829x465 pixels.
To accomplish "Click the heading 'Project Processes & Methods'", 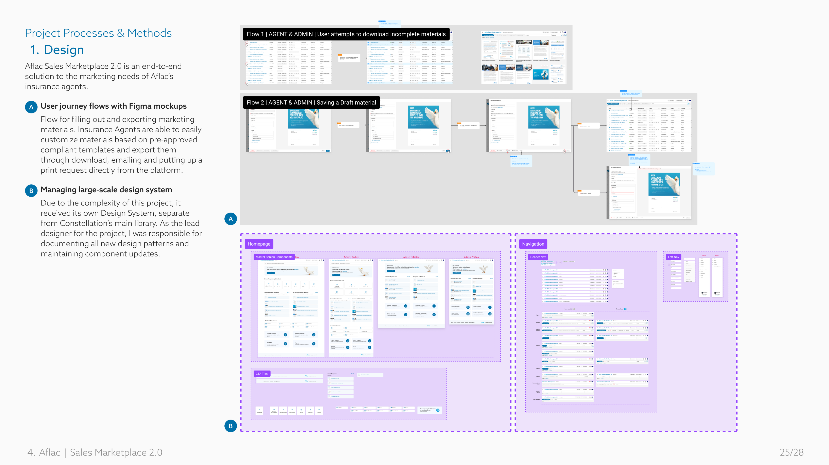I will (98, 33).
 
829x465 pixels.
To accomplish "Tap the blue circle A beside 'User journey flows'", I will (31, 107).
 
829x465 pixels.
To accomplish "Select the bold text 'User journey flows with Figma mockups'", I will (113, 106).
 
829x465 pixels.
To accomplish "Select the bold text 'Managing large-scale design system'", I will (106, 190).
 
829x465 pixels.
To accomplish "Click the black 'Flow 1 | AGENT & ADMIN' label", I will (346, 34).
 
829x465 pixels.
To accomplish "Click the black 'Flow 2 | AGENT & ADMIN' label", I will (311, 103).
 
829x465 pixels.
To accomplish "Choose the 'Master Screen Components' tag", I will (274, 257).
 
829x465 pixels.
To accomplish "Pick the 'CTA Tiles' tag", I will (262, 374).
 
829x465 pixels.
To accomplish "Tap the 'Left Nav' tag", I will (673, 257).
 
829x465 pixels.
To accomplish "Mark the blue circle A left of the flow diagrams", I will (230, 219).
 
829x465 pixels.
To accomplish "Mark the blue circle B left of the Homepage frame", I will (230, 426).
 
